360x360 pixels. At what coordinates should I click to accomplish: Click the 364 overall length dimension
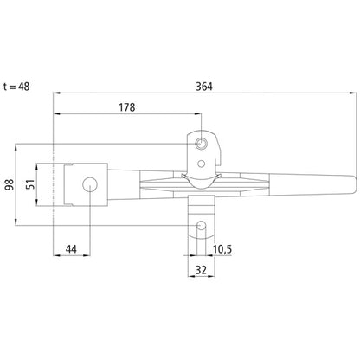(x=204, y=85)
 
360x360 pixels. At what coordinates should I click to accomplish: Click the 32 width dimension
(x=201, y=270)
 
